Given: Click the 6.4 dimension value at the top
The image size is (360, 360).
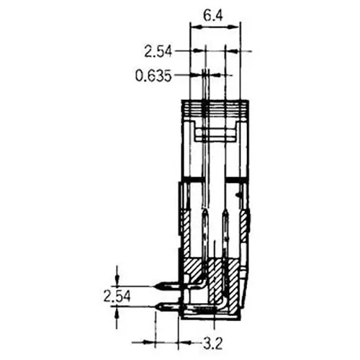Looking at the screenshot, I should click(213, 14).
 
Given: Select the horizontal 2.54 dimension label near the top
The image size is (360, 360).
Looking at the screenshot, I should click(158, 50).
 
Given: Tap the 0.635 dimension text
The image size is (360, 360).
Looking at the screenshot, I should click(153, 74).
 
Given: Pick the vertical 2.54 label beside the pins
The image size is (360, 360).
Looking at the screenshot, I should click(115, 296).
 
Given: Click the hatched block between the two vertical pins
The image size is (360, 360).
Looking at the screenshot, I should click(216, 238).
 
